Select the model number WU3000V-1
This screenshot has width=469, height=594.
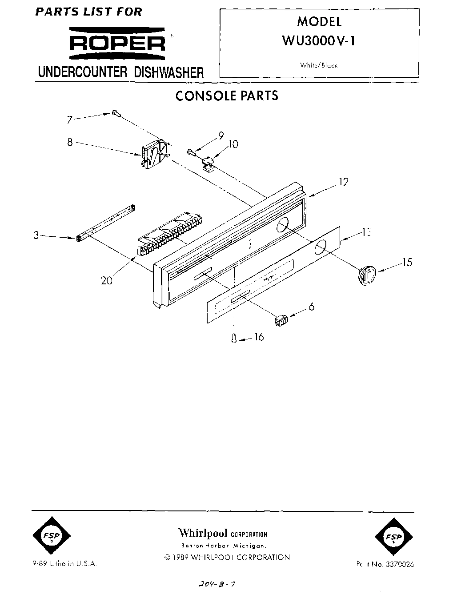(319, 40)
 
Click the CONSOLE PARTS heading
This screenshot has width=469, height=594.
(227, 96)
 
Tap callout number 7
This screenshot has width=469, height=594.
(69, 119)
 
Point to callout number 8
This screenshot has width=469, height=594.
(70, 143)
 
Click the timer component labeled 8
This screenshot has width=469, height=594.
(153, 156)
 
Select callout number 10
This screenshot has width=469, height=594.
(233, 144)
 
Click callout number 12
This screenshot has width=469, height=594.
(343, 182)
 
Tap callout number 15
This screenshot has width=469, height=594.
(407, 263)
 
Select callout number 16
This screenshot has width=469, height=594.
(258, 337)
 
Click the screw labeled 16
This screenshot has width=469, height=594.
(234, 339)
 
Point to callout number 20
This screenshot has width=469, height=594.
(107, 280)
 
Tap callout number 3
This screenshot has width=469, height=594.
(36, 235)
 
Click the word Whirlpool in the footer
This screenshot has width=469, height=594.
(203, 533)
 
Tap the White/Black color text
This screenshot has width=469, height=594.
(319, 65)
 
